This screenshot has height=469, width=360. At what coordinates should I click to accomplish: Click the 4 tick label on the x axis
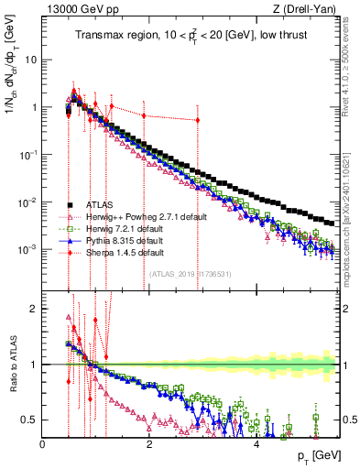(256, 444)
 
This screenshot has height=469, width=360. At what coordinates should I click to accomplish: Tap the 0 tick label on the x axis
(43, 444)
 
